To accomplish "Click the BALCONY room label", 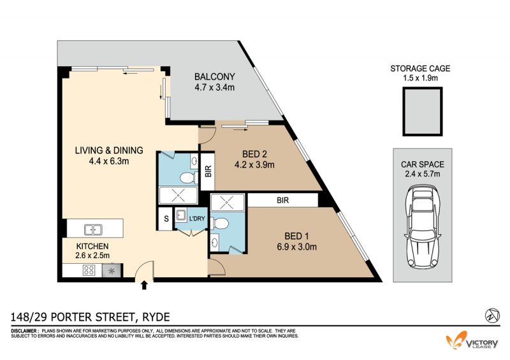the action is [x=214, y=76].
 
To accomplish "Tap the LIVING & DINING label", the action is [x=109, y=150].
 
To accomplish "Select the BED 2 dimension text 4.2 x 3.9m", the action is [x=254, y=165].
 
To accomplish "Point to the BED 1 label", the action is [x=296, y=236].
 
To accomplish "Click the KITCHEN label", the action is [x=92, y=246].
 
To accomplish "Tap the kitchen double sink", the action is [x=93, y=229].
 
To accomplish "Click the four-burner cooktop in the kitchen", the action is [x=89, y=270].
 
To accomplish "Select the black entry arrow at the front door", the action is [x=145, y=285].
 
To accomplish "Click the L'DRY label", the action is [x=197, y=219].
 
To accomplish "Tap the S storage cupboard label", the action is [x=166, y=219].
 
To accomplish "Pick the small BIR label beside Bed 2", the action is [x=208, y=171].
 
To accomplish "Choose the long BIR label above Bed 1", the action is [x=282, y=200].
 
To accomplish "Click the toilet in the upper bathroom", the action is [x=188, y=178].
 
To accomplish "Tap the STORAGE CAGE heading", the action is [x=420, y=69].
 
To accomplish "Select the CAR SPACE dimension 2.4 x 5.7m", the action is [x=423, y=174].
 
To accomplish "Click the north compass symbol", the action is [x=492, y=315].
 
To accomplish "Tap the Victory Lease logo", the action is [x=472, y=341].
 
